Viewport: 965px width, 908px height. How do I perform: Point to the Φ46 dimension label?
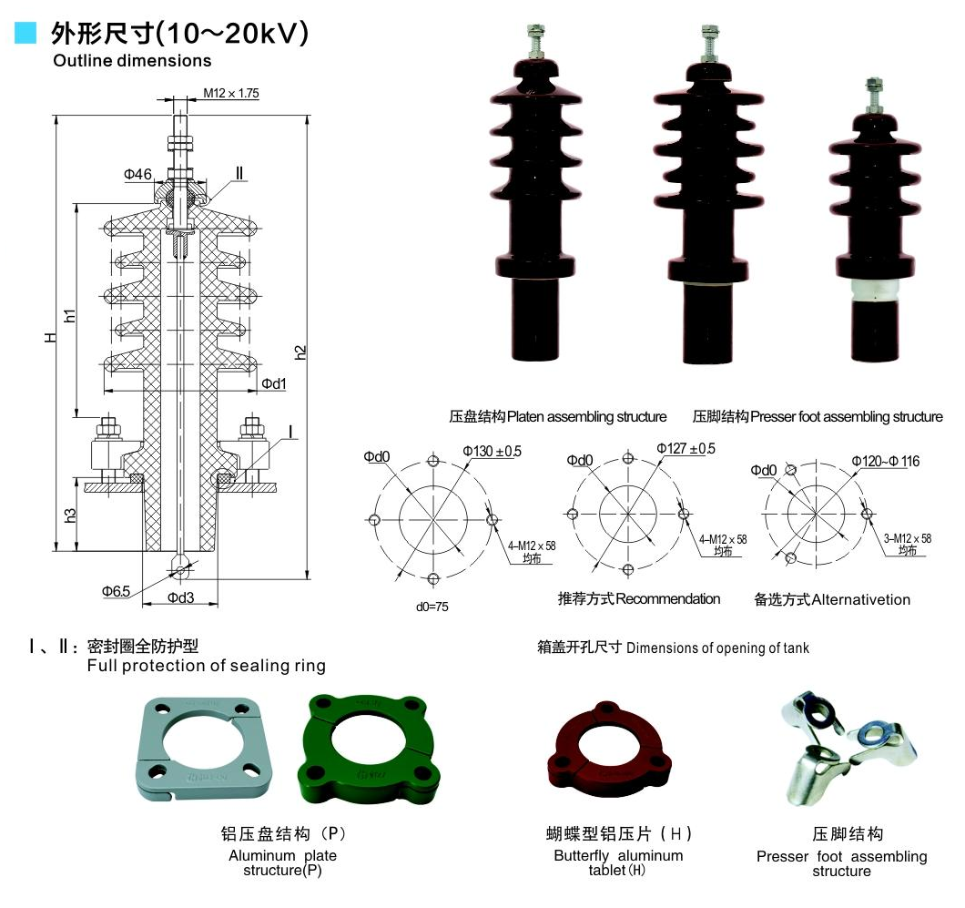137,174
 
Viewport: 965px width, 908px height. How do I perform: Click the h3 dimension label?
70,515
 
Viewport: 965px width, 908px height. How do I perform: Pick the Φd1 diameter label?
274,383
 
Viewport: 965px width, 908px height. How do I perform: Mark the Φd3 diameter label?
181,597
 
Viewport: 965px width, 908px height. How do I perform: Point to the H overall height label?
52,337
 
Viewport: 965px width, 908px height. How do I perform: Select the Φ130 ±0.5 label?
492,451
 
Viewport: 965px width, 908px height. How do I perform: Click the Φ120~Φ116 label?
886,462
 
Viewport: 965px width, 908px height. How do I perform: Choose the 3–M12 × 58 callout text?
908,538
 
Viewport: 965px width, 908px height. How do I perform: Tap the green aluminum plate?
364,743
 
